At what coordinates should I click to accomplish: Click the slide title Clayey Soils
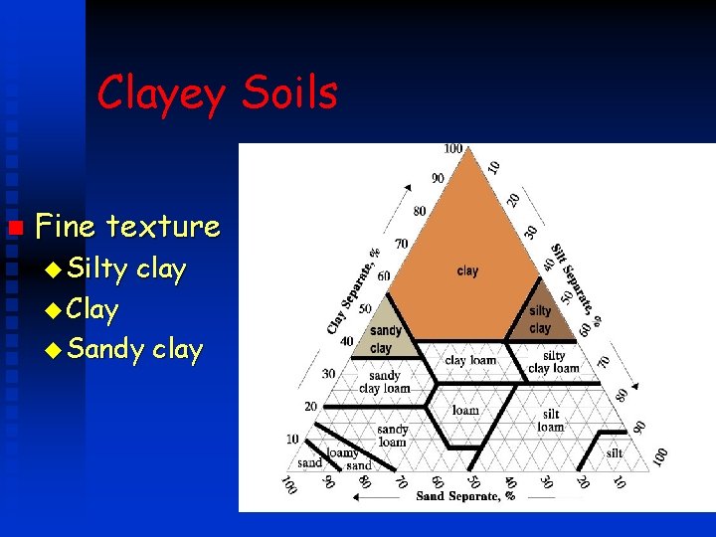pyautogui.click(x=217, y=94)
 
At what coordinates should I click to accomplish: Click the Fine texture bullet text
pyautogui.click(x=127, y=227)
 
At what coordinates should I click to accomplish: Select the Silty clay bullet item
pyautogui.click(x=127, y=269)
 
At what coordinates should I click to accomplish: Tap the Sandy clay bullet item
pyautogui.click(x=135, y=350)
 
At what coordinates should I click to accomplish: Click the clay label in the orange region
pyautogui.click(x=467, y=270)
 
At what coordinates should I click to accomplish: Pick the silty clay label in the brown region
pyautogui.click(x=540, y=320)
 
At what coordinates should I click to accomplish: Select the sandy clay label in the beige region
pyautogui.click(x=385, y=339)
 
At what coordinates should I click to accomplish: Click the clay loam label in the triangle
pyautogui.click(x=469, y=360)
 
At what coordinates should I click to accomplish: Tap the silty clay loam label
pyautogui.click(x=554, y=362)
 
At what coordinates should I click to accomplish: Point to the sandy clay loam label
pyautogui.click(x=384, y=382)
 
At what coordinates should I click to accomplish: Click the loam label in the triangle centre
pyautogui.click(x=465, y=409)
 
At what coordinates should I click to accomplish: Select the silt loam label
pyautogui.click(x=550, y=420)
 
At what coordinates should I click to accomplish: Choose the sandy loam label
pyautogui.click(x=392, y=436)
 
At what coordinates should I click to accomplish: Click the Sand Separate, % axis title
pyautogui.click(x=458, y=495)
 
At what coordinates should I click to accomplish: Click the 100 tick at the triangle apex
pyautogui.click(x=453, y=149)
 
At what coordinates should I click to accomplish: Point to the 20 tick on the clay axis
pyautogui.click(x=311, y=406)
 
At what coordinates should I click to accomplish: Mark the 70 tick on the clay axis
pyautogui.click(x=402, y=243)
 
